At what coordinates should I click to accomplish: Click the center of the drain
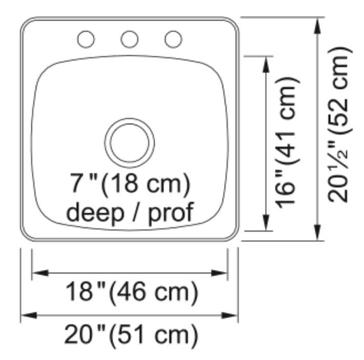(130, 143)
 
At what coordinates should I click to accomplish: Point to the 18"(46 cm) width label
(132, 292)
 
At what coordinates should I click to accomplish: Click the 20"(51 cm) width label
(131, 335)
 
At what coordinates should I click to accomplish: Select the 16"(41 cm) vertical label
(287, 143)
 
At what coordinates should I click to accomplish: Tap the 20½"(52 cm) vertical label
(339, 125)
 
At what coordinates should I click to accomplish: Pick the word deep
(95, 213)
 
